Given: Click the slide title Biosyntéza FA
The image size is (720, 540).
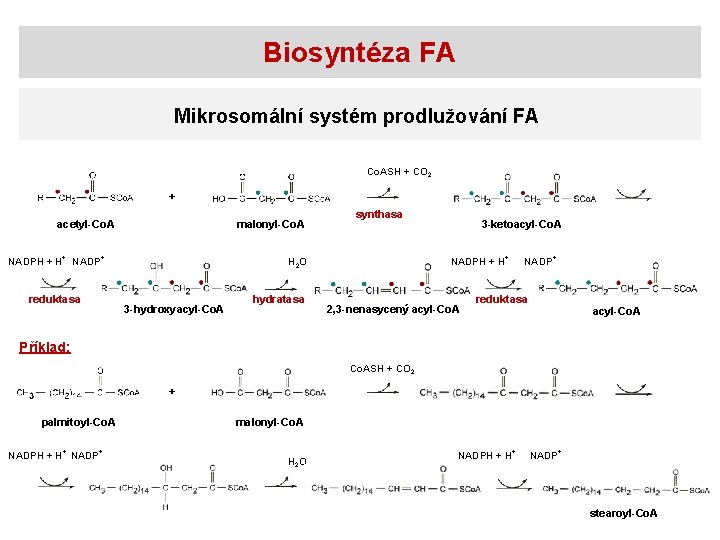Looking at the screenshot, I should pos(359,53).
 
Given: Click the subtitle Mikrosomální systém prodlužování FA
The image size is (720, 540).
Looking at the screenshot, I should pos(356,116).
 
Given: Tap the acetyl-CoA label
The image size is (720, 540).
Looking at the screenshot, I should pos(85,224).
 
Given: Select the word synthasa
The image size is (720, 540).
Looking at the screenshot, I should pos(380,215).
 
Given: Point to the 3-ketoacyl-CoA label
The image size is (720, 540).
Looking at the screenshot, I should pos(521,224).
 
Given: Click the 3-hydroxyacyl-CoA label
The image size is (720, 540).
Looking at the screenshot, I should pos(173,309).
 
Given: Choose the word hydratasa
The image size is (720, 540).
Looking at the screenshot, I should pos(278,299).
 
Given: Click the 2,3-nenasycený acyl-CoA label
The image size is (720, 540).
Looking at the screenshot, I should pos(394,309).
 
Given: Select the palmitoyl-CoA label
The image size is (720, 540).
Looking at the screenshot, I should pos(78,422).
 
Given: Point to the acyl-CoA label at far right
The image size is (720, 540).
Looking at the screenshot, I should pos(616,312).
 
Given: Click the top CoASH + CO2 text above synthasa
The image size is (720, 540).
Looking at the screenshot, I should pos(399,173).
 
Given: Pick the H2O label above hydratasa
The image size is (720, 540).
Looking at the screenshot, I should pos(297,263).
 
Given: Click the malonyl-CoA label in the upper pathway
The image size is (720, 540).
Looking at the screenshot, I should pos(270,224).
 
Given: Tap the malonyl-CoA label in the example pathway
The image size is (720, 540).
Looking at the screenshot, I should pos(270,422).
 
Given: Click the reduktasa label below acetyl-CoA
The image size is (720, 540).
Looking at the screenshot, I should pos(55,298).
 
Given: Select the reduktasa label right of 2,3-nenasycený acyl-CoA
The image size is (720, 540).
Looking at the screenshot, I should pos(501,299).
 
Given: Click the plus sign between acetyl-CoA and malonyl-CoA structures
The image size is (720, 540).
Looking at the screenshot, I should pos(171,196).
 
